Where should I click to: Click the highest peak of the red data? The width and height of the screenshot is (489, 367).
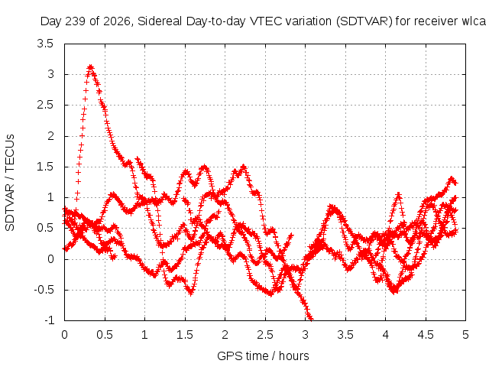tap(91, 67)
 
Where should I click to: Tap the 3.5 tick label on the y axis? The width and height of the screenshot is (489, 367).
tap(45, 44)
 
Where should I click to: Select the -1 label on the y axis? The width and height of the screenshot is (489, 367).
tap(49, 320)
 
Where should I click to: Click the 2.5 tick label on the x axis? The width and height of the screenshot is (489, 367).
tap(265, 335)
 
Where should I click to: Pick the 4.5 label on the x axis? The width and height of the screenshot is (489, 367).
tap(426, 335)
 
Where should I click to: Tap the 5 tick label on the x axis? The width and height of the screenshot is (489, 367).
tap(465, 335)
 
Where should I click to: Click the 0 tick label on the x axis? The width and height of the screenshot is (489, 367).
tap(64, 335)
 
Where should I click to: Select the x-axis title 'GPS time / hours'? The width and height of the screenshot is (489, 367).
tap(263, 356)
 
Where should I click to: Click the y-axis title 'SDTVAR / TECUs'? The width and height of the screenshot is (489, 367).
tap(10, 183)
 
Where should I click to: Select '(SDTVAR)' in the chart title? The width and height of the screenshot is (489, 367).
tap(364, 21)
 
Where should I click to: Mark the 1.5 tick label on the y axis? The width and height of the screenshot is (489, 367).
tap(45, 167)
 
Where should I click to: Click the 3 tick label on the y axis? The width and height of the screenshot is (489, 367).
tap(50, 75)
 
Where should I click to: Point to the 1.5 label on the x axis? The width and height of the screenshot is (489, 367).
tap(185, 335)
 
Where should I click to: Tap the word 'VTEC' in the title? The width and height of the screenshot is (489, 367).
tap(266, 21)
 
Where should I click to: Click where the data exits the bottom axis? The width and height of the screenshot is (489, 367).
tap(311, 320)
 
